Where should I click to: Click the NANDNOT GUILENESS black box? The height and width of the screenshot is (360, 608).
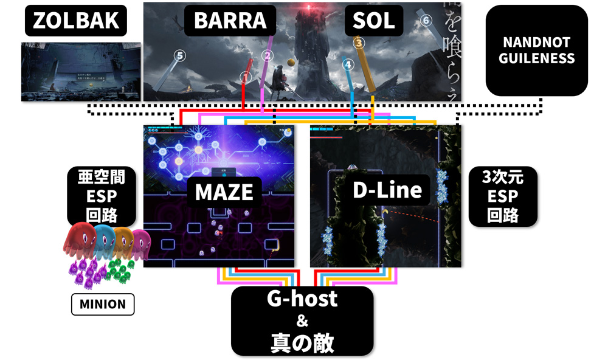coord(537,51)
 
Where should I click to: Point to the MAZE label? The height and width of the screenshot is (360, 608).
coord(223,192)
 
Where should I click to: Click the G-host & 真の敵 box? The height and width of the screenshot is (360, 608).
coord(302,320)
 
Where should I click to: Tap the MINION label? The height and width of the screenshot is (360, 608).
coord(103,304)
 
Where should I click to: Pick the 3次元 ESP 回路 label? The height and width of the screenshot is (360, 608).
coord(502,196)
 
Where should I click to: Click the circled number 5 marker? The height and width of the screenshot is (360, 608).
coord(179,55)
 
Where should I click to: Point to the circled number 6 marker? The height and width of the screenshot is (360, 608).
coord(426,20)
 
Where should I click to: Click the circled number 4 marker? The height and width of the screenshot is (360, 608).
coord(347,63)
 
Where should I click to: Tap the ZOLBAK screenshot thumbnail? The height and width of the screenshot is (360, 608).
coord(80,71)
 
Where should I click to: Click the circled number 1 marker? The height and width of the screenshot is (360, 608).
coord(246,77)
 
